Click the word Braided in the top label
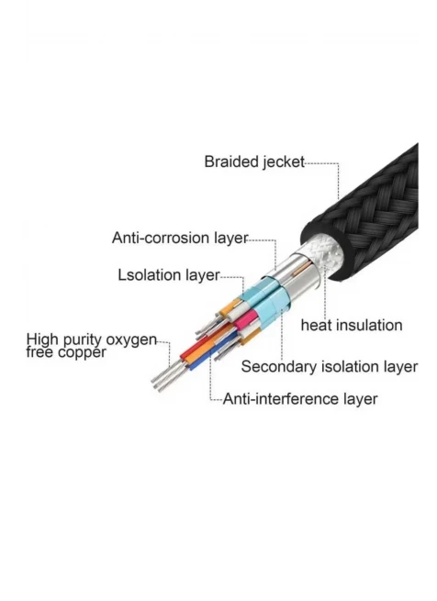[x=231, y=161]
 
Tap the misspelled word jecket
[x=283, y=162]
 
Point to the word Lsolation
[x=150, y=275]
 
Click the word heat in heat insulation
[x=316, y=326]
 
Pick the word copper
[x=82, y=352]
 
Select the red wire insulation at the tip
[x=192, y=350]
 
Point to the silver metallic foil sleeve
[x=299, y=276]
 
